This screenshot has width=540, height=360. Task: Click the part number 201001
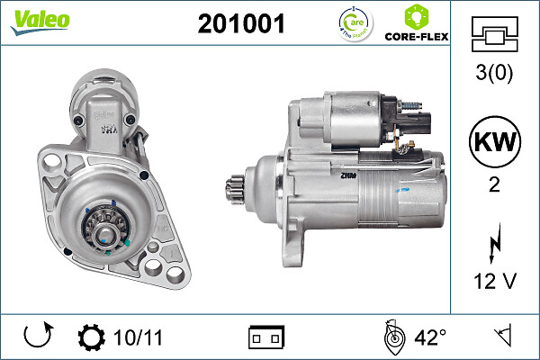pos(240,24)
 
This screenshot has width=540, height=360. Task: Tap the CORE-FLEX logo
pos(417,24)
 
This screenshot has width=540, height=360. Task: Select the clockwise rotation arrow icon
pos(37,337)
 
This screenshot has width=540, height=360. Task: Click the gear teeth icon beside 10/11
pos(92,337)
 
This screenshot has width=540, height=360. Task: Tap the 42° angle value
pos(429,337)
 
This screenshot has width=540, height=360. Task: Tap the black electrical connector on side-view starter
pos(415,122)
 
